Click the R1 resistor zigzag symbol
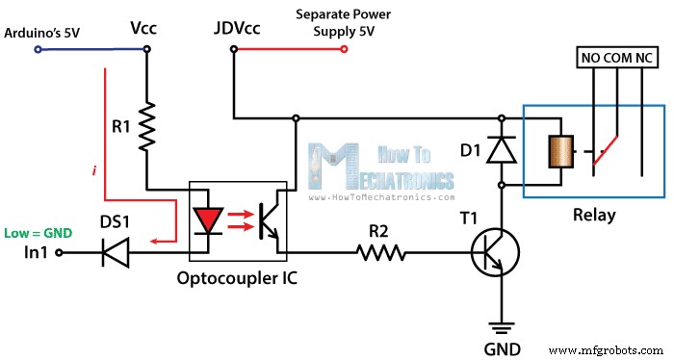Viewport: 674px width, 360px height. click(146, 127)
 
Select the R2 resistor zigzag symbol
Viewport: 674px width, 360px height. click(381, 253)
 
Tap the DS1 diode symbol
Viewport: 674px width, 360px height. click(117, 253)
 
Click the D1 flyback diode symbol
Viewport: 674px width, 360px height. click(501, 148)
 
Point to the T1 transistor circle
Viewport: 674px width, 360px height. click(496, 254)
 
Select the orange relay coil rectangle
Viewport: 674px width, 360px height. click(557, 152)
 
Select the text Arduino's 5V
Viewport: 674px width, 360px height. click(42, 33)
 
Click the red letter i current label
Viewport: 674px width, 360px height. click(93, 170)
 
